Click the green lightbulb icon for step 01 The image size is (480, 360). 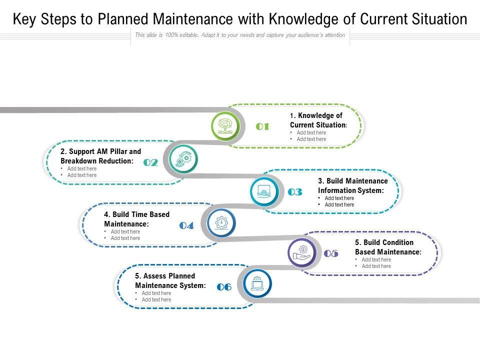pyautogui.click(x=225, y=126)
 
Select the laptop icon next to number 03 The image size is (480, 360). pyautogui.click(x=263, y=191)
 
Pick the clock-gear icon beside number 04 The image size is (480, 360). pyautogui.click(x=221, y=222)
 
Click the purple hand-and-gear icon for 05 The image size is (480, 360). pyautogui.click(x=302, y=252)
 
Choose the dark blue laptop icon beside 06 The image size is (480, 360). pyautogui.click(x=257, y=284)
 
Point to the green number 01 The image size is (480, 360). pyautogui.click(x=262, y=127)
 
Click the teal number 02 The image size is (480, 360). pyautogui.click(x=150, y=163)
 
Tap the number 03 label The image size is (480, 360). pyautogui.click(x=295, y=192)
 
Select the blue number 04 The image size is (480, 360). pyautogui.click(x=186, y=226)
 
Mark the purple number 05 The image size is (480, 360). pyautogui.click(x=331, y=254)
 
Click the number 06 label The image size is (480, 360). pyautogui.click(x=224, y=287)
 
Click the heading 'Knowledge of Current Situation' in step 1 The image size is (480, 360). pyautogui.click(x=318, y=120)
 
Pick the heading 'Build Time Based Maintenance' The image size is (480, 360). pyautogui.click(x=136, y=219)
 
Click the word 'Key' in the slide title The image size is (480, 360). pyautogui.click(x=23, y=20)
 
